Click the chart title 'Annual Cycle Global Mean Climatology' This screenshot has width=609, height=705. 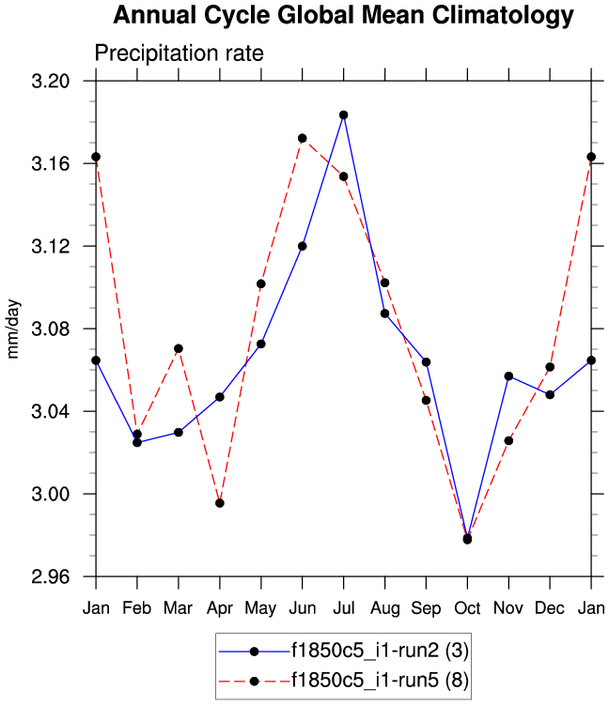tap(342, 16)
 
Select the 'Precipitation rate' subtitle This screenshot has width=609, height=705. tap(179, 54)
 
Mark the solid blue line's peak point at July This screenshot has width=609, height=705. tap(344, 115)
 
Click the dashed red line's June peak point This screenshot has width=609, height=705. tap(302, 138)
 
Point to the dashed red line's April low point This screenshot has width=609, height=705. tap(219, 503)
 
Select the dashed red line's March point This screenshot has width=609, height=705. tap(179, 348)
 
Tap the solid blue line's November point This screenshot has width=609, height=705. tap(508, 376)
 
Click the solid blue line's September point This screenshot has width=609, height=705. tap(426, 362)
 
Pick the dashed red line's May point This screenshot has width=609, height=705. tap(261, 284)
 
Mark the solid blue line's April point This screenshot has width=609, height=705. tap(219, 397)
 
